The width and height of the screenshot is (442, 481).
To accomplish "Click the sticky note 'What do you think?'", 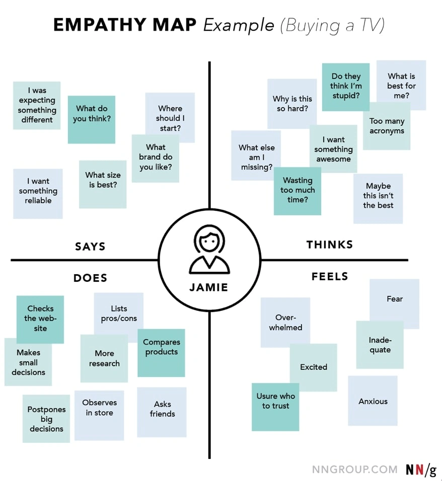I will pos(92,119).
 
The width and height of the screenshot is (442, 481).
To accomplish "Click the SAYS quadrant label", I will pos(90,247).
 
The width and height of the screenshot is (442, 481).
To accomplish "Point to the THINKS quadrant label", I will pos(330,245).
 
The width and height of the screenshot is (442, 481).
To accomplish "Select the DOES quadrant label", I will pos(90,278).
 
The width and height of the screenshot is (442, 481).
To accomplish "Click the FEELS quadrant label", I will pos(330,277).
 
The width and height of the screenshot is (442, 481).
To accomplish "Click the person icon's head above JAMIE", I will pos(208,240).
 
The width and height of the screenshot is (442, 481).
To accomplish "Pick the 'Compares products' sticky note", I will pos(161,352).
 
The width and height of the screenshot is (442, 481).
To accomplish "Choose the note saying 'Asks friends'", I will pos(162,412).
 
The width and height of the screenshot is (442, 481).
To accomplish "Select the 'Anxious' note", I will pos(373,401).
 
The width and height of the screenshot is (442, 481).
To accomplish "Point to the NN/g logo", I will pos(421,469).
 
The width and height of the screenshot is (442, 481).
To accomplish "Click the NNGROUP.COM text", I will pos(354,469).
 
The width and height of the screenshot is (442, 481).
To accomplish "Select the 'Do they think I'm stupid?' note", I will pos(346,87).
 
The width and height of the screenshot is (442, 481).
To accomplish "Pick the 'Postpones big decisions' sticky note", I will pos(46,419).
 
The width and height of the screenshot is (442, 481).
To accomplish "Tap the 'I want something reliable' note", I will pos(38,193).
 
